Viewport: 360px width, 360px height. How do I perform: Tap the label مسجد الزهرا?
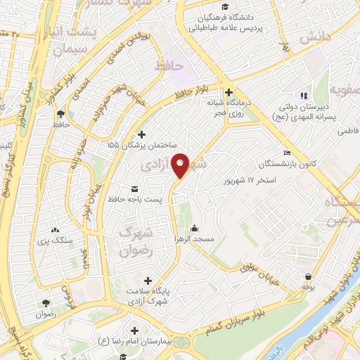(195, 239)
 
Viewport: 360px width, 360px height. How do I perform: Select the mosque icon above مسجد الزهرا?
(195, 228)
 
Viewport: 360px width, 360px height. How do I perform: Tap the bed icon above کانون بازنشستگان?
(285, 153)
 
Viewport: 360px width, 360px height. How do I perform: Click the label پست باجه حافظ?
(134, 199)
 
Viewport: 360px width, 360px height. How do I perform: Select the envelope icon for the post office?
(134, 188)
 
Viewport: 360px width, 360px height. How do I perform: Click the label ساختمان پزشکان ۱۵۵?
(143, 146)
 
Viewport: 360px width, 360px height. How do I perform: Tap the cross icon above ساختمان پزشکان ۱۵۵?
(143, 134)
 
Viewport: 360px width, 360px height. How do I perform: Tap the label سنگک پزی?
(56, 240)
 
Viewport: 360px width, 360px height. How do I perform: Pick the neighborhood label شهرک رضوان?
(136, 239)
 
